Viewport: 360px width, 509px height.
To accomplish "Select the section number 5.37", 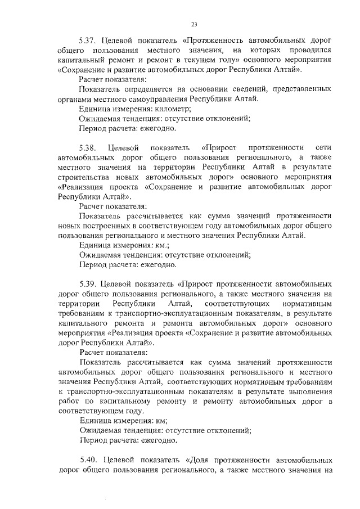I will click(x=89, y=41).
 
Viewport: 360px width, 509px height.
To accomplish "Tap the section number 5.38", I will click(x=89, y=147).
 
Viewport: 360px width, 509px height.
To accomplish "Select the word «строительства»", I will click(x=86, y=177).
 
